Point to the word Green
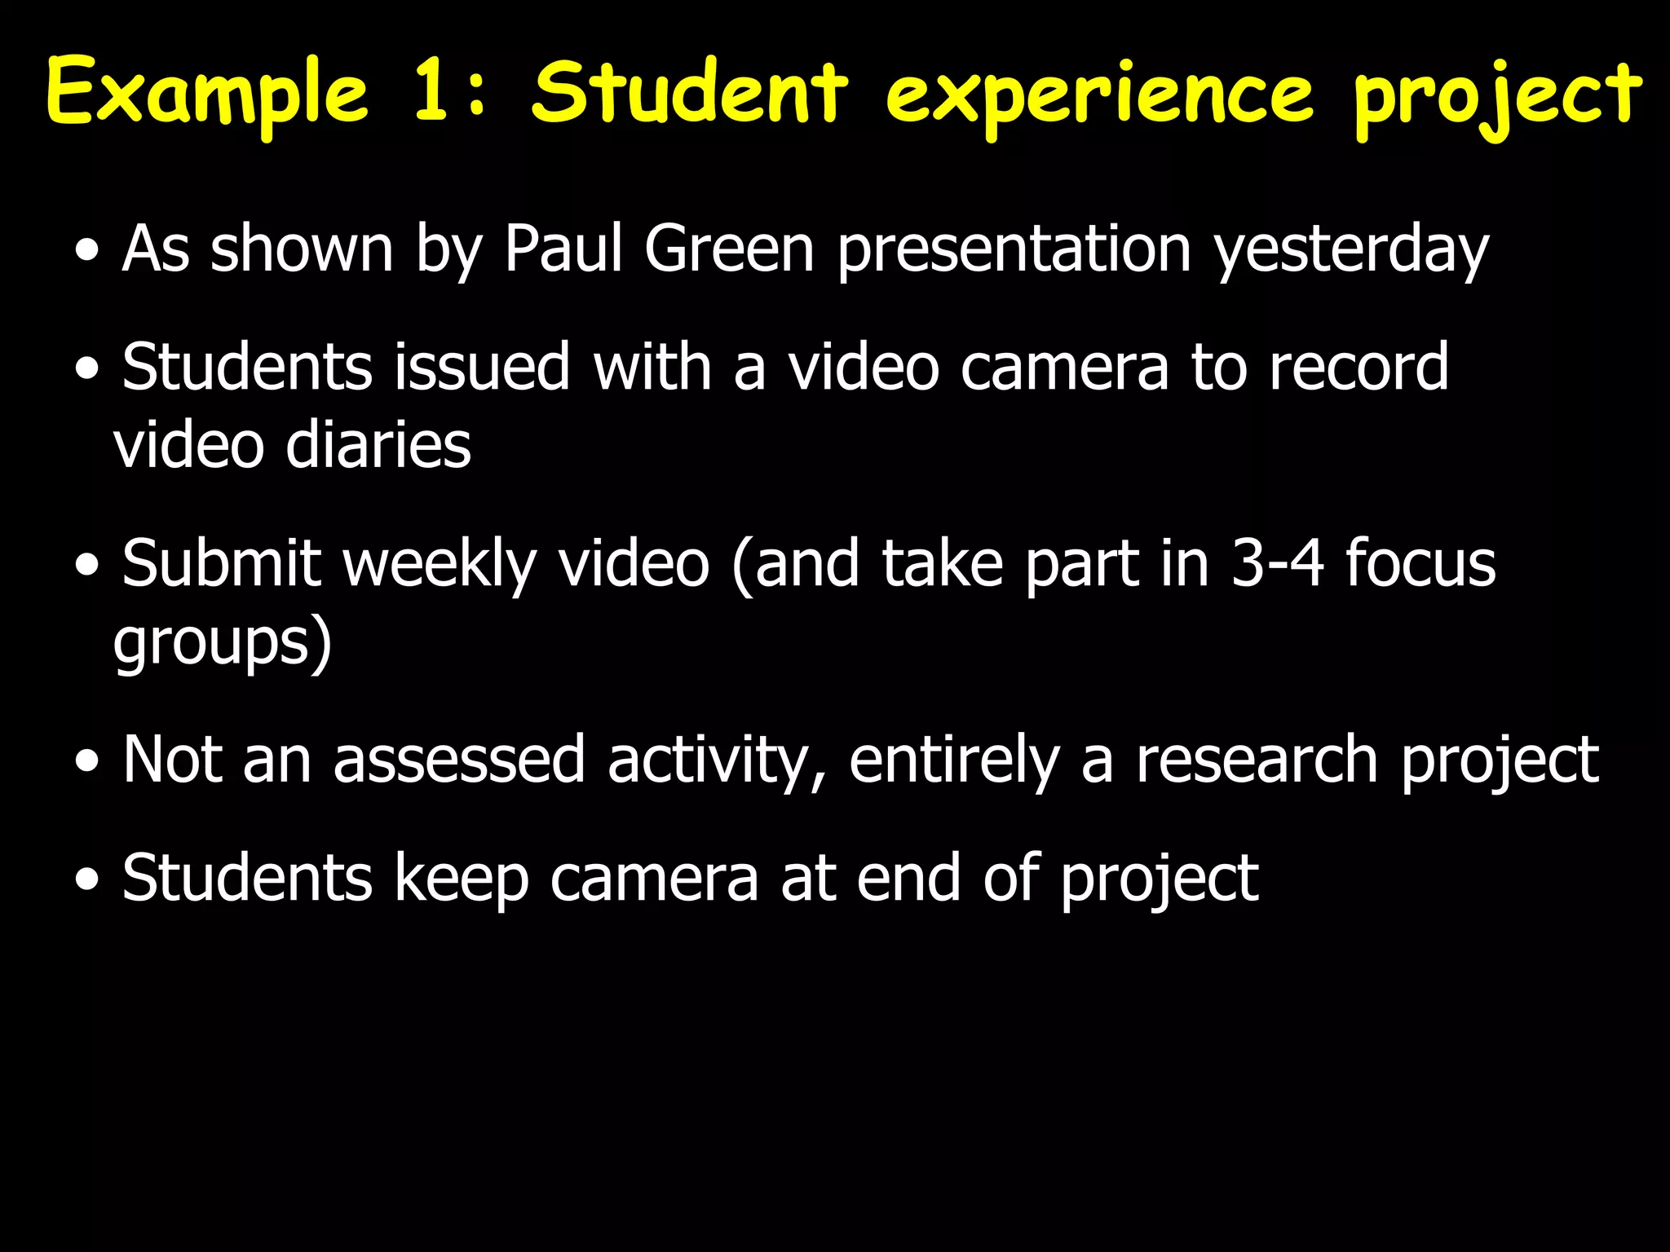click(729, 249)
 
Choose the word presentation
click(1014, 249)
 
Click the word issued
click(482, 367)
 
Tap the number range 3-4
click(1277, 563)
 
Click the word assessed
click(459, 760)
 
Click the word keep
click(462, 879)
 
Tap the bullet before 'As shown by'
click(86, 253)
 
